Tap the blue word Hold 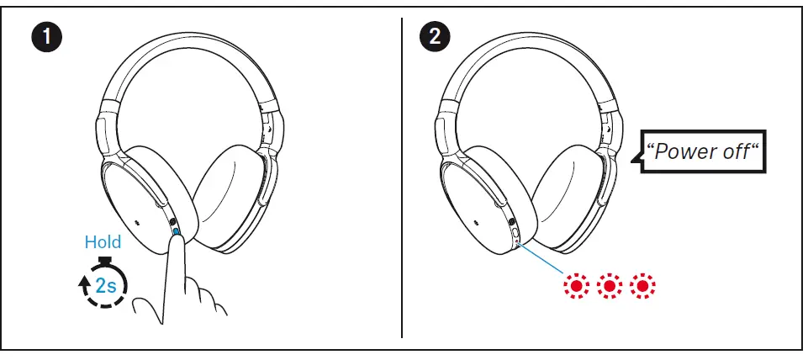[103, 242]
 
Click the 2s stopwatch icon [103, 283]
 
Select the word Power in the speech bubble [682, 152]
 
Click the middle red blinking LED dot [610, 287]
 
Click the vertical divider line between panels [402, 177]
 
